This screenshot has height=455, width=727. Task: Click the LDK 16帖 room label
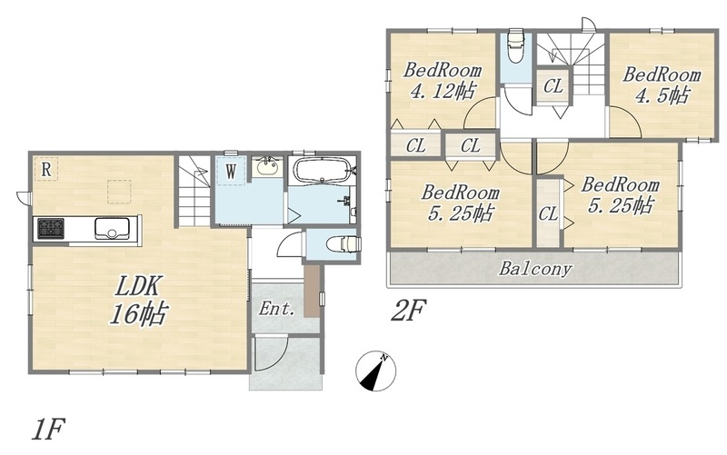138,301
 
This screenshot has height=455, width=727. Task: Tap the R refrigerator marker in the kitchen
46,169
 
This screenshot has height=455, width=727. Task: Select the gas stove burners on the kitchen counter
51,229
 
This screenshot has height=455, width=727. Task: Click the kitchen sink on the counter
112,228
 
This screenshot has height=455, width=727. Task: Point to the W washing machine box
231,172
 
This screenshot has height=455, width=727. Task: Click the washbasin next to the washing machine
266,167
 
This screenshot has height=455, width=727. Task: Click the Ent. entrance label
277,309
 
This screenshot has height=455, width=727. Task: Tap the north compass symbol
375,371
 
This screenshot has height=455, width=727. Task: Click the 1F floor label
48,430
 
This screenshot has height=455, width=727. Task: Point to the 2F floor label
408,311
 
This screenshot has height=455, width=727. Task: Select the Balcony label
535,268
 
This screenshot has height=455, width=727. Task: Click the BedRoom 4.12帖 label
442,81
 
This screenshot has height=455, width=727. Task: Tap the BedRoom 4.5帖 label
662,84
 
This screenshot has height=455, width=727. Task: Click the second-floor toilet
515,45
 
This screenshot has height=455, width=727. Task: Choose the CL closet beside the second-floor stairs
553,86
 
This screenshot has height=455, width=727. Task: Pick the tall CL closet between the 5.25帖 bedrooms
549,213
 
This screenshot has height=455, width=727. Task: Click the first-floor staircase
194,191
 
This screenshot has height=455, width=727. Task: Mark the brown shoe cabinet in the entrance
312,291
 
